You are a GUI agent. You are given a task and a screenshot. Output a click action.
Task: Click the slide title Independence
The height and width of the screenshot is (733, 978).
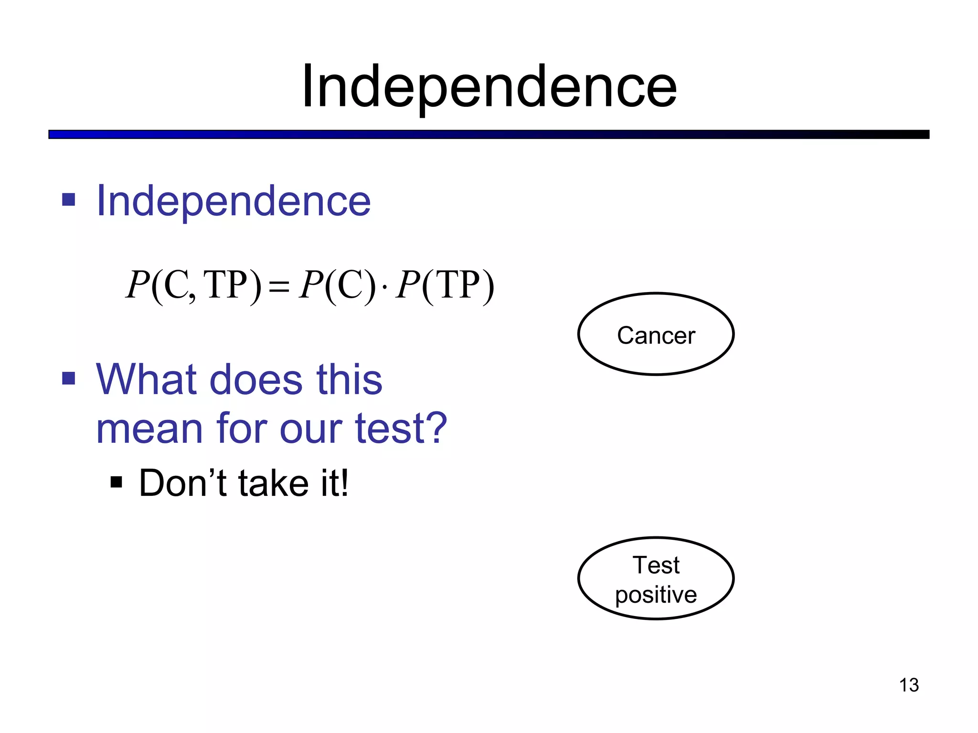pos(489,87)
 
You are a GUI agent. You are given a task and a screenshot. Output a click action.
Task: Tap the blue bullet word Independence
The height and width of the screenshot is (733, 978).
pos(233,201)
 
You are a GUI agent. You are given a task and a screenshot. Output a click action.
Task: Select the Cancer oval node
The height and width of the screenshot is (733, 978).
pos(656,334)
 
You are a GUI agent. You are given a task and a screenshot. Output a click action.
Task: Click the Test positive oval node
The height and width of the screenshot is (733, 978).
pos(656,578)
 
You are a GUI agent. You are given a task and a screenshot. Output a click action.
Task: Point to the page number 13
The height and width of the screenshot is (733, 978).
pos(909,685)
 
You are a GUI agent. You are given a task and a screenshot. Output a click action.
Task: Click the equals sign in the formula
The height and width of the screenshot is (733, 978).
pos(279,287)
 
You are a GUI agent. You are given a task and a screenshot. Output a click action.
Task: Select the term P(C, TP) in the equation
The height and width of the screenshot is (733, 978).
pos(193,285)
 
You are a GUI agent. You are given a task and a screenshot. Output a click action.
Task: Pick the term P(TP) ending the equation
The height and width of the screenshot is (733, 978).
pos(445,285)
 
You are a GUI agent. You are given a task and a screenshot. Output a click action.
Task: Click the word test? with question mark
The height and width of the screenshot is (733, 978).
pos(401,429)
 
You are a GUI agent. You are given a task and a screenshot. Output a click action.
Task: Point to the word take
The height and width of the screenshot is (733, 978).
pos(273,483)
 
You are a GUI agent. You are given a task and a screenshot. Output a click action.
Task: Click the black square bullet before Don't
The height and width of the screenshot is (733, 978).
pos(116,482)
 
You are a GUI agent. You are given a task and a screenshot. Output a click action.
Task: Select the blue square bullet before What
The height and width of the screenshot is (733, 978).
pos(69,378)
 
